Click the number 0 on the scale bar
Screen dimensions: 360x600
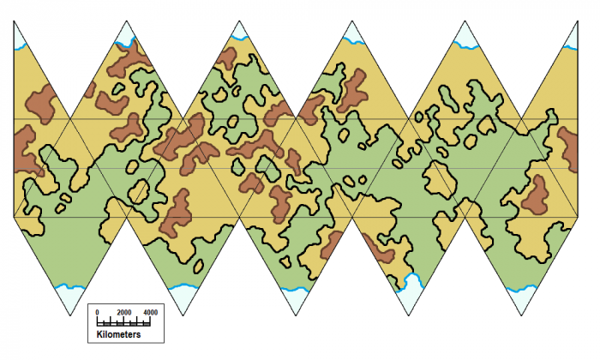(x=97, y=312)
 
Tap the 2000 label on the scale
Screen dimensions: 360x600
(x=124, y=312)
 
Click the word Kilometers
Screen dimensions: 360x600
(x=118, y=334)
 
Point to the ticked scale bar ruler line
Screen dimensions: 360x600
(x=123, y=321)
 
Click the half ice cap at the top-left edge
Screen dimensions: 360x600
(x=18, y=32)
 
